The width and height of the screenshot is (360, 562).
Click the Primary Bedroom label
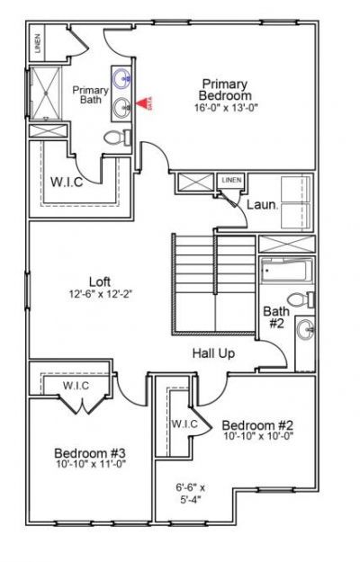tap(225, 89)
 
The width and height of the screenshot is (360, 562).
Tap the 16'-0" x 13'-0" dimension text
tap(225, 108)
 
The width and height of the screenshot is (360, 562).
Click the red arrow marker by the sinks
tap(144, 104)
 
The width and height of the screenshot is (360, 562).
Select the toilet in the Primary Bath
tap(115, 139)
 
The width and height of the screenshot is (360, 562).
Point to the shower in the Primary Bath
tap(43, 94)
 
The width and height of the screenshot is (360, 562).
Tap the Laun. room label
tap(262, 205)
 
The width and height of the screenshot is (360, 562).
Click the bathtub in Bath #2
tap(285, 270)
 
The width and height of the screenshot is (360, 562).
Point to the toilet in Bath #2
tap(301, 299)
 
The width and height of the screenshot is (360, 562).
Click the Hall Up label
tap(213, 353)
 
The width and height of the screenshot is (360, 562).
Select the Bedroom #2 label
tap(257, 424)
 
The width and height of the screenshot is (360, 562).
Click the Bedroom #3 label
tap(89, 452)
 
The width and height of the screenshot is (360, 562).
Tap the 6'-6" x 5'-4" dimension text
tap(190, 494)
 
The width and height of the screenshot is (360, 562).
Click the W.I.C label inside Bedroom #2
tap(184, 424)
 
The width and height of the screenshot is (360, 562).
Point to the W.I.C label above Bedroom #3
tap(76, 386)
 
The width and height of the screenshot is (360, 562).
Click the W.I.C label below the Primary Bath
tap(67, 181)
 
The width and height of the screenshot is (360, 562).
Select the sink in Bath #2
tap(306, 329)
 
